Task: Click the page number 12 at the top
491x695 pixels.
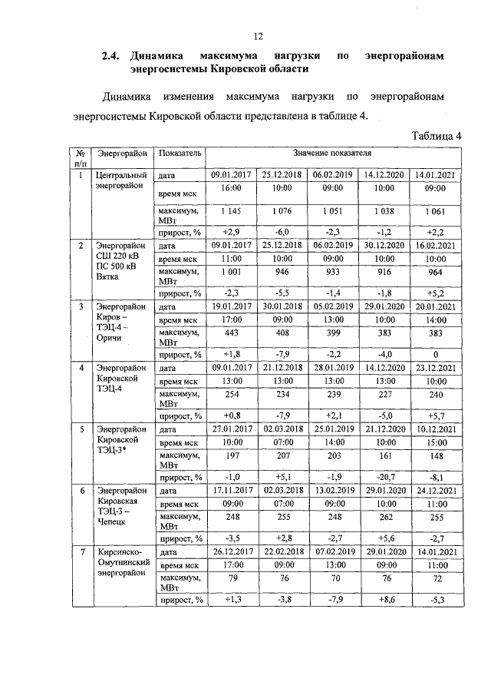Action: pyautogui.click(x=259, y=35)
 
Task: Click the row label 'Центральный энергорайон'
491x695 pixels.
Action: pyautogui.click(x=120, y=180)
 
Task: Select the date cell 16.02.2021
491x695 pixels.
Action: pyautogui.click(x=435, y=246)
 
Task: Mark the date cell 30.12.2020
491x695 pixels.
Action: pyautogui.click(x=384, y=246)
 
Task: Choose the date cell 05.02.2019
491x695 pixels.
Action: pyautogui.click(x=332, y=306)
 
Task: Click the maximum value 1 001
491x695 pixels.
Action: pyautogui.click(x=231, y=272)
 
